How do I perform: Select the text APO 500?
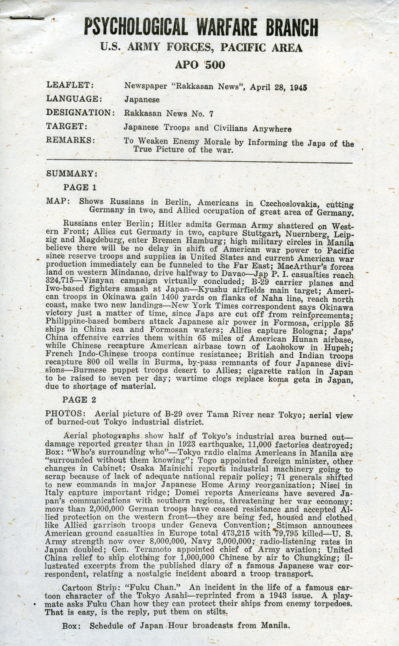click(x=200, y=65)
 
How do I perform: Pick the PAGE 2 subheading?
click(x=79, y=400)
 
